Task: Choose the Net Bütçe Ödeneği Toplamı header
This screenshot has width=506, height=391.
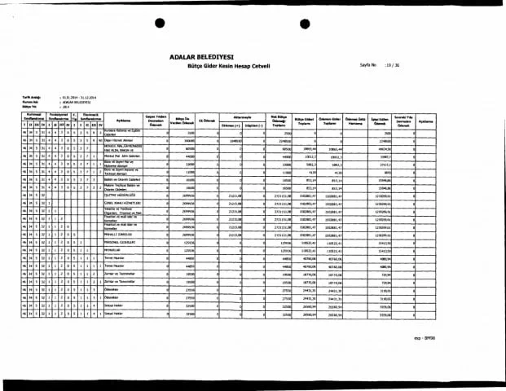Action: point(279,119)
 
